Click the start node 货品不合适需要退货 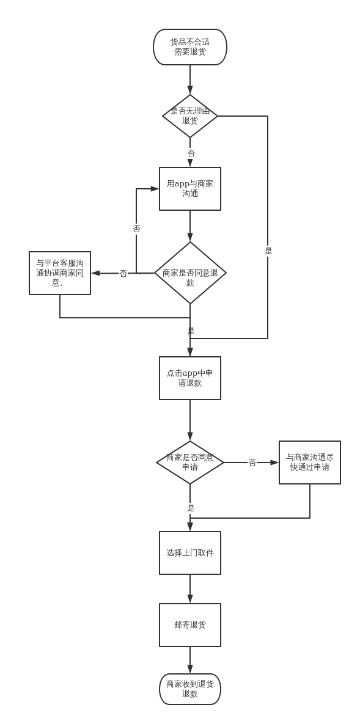click(x=190, y=47)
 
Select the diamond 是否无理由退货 click(x=190, y=116)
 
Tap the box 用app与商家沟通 click(x=190, y=189)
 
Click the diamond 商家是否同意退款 click(x=190, y=273)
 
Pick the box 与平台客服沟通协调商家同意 click(x=60, y=273)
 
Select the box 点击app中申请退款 click(x=190, y=378)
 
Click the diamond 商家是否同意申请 click(x=190, y=462)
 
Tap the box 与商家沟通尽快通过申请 click(x=310, y=462)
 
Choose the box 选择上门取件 click(x=190, y=553)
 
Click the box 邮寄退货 click(x=190, y=625)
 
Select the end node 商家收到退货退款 click(x=190, y=689)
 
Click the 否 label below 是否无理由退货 click(x=191, y=153)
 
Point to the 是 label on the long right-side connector click(x=268, y=250)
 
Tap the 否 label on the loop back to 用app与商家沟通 click(x=136, y=229)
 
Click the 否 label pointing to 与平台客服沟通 click(x=123, y=273)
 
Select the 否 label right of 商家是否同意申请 click(x=252, y=463)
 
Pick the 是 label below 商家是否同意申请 click(x=191, y=508)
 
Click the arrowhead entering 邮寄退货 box click(x=190, y=599)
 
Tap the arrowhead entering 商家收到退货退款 click(x=190, y=669)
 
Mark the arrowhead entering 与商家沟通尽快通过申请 click(x=274, y=462)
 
